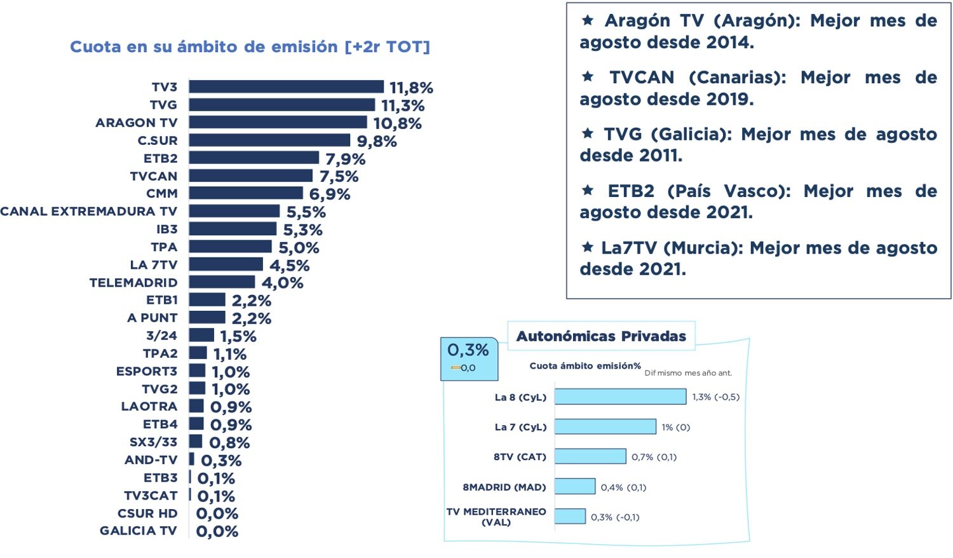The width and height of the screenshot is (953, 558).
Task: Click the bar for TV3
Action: (286, 87)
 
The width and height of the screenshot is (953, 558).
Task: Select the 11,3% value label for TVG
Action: (403, 105)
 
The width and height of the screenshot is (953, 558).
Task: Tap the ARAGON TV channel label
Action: (137, 123)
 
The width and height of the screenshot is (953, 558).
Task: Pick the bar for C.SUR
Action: (269, 140)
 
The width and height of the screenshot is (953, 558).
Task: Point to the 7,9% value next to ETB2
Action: (345, 159)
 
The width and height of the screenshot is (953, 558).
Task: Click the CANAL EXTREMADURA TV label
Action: (88, 212)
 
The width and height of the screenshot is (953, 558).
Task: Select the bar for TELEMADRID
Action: (222, 282)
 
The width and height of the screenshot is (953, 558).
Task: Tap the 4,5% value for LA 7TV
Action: (289, 265)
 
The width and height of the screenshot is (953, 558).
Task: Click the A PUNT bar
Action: (207, 318)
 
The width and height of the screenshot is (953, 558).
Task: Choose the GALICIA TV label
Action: (139, 531)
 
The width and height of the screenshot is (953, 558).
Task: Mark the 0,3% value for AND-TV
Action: (221, 461)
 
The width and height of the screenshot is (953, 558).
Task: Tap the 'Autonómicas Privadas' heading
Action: (601, 336)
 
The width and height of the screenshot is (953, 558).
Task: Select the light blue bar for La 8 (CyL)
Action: (620, 397)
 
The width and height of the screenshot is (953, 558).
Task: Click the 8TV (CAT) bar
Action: (590, 456)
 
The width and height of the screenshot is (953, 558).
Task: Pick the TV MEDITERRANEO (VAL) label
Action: (496, 517)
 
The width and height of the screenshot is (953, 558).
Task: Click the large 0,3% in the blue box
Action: (468, 350)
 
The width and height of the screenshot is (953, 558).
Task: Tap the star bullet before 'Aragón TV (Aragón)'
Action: (588, 20)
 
